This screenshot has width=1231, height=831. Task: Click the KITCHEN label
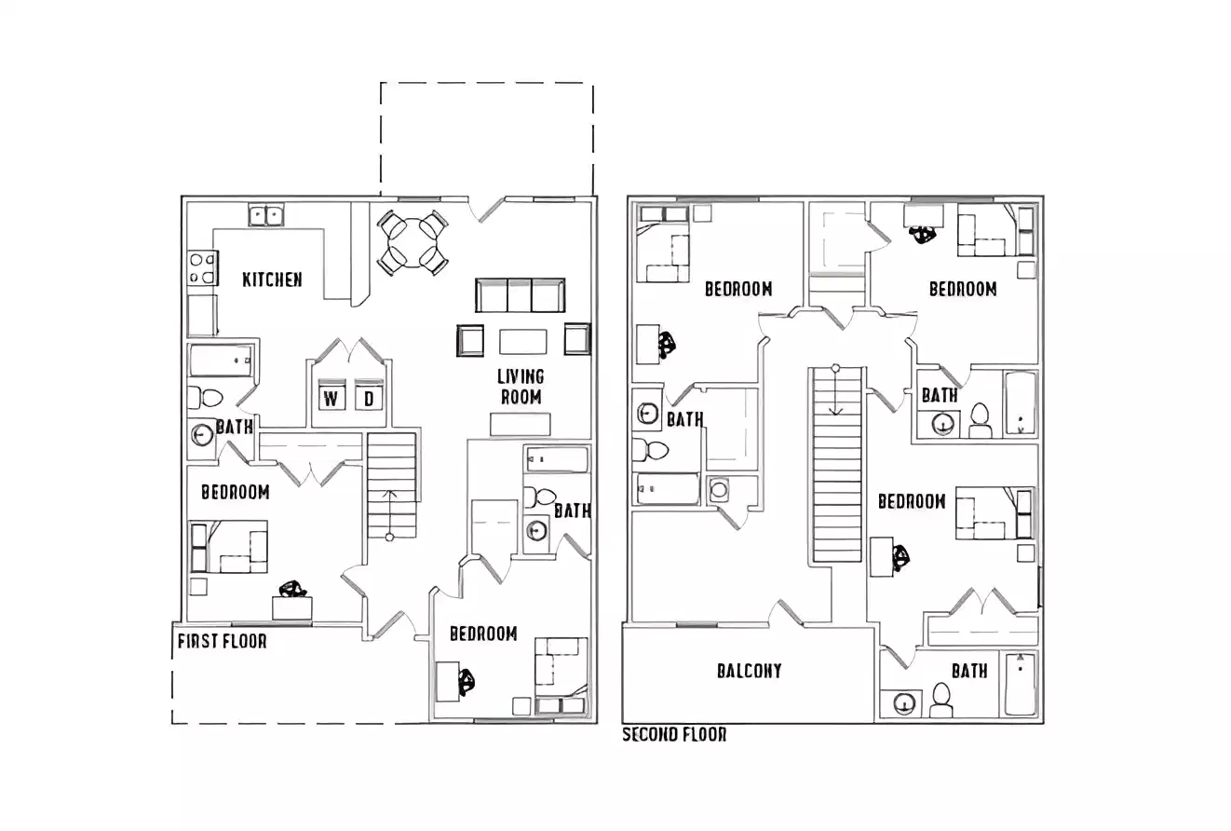click(x=272, y=279)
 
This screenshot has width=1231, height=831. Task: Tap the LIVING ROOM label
click(x=521, y=387)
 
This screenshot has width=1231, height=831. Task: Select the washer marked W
click(x=331, y=399)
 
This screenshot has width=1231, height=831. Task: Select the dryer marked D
click(x=369, y=399)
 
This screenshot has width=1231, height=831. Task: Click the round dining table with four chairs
click(x=413, y=241)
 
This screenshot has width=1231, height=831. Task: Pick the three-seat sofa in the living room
click(x=520, y=295)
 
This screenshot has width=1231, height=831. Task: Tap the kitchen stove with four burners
click(x=203, y=268)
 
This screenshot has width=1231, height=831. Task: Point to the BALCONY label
click(x=749, y=671)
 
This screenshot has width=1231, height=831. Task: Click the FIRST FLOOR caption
click(x=222, y=641)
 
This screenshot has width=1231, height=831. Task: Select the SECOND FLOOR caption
click(x=674, y=734)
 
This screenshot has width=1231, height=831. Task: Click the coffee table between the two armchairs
click(x=521, y=342)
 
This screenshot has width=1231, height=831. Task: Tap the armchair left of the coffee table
click(x=470, y=340)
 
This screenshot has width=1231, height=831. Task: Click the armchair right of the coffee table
click(x=577, y=339)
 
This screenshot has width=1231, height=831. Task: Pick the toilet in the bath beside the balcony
click(x=941, y=701)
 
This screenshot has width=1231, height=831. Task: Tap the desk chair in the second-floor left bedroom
click(x=667, y=346)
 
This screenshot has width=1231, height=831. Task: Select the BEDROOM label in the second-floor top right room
click(x=962, y=289)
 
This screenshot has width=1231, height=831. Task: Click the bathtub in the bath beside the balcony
click(x=1021, y=684)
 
